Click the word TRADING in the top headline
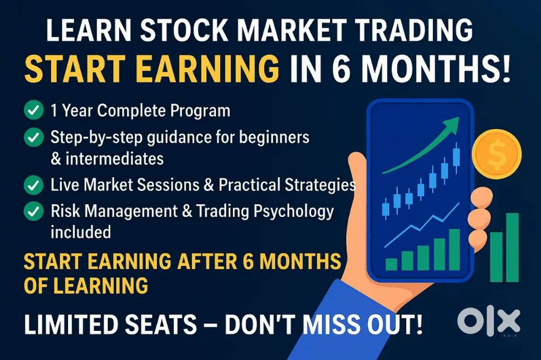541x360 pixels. [413, 30]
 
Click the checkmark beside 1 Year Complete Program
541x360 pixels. [34, 110]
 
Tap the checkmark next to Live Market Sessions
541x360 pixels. [34, 185]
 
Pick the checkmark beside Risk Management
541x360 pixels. [34, 211]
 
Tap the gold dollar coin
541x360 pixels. [497, 154]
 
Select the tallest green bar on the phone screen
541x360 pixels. [454, 250]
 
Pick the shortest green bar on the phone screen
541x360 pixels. [391, 264]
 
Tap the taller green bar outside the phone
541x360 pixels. [512, 247]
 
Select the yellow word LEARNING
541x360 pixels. [101, 286]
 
